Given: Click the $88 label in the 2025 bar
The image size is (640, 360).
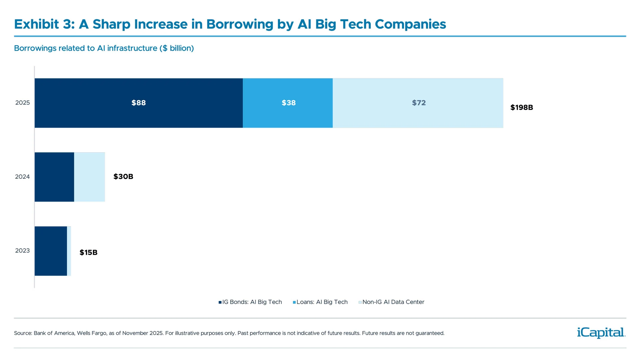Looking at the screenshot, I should tap(139, 103).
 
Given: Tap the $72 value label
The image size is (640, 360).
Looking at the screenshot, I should tap(419, 103).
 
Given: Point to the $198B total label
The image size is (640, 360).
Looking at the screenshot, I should tap(522, 107).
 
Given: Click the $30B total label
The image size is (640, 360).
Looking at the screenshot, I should tap(123, 176).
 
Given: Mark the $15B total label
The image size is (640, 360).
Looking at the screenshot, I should tap(88, 252).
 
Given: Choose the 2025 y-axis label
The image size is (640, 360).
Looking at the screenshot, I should tap(22, 103).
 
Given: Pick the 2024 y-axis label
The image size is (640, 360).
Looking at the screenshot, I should tap(22, 177).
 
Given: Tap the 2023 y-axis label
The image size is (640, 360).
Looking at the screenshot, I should tap(22, 251).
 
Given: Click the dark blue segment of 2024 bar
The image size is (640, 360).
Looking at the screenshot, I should tap(54, 177).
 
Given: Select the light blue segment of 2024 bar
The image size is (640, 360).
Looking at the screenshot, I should tap(89, 177).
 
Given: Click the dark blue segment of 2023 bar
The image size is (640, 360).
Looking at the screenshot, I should tap(51, 251).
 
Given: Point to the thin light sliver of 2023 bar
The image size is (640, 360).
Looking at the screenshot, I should tap(69, 251).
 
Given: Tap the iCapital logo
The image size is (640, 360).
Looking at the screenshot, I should tap(601, 332).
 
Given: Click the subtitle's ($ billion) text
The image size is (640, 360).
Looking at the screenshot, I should tap(177, 48).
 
